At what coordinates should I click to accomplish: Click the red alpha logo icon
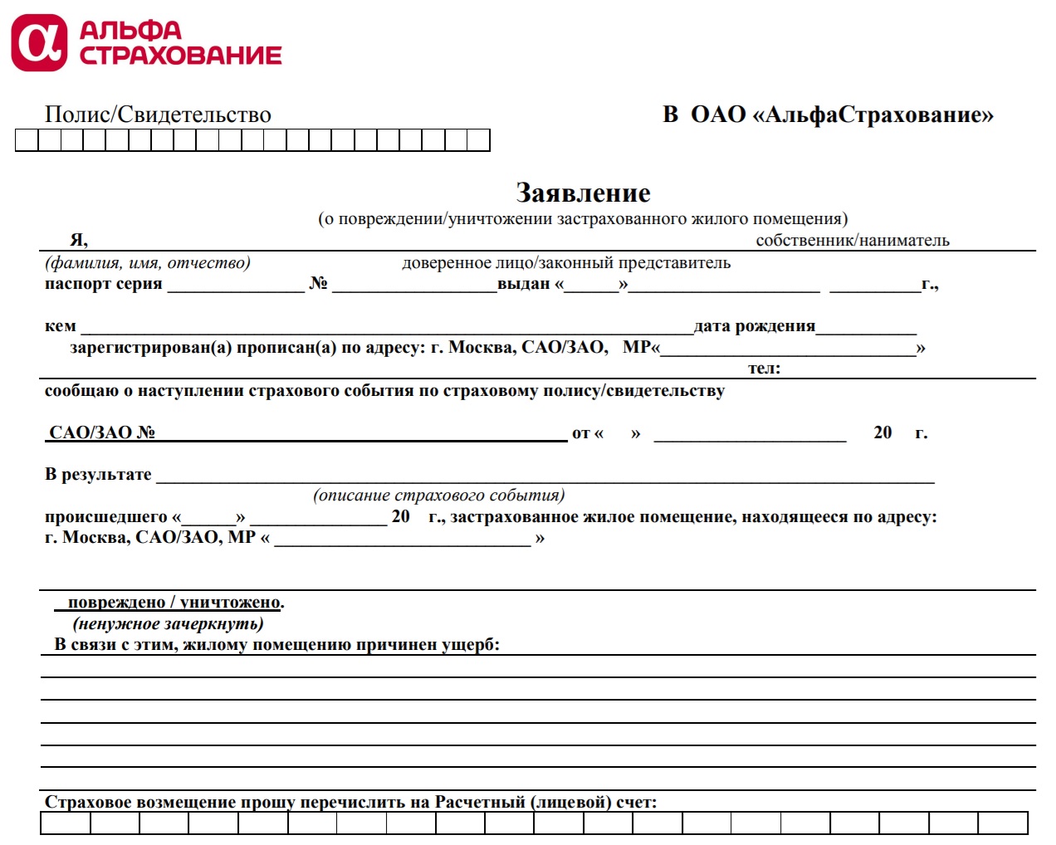38,42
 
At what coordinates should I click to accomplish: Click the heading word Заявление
583,193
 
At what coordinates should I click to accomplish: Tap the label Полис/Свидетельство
158,115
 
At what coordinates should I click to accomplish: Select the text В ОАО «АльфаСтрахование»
828,115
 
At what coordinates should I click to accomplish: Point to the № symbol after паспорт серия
318,284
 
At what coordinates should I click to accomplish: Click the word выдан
524,284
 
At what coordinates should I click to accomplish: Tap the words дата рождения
754,326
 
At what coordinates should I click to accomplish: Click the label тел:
764,369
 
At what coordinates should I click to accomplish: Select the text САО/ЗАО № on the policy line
102,432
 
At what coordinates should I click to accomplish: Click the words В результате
98,475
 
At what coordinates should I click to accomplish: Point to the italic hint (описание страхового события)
438,496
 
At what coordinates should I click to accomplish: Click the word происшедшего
106,517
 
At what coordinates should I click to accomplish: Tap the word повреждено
116,603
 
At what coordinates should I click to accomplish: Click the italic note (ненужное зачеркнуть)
168,623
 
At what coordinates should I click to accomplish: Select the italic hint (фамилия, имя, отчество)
148,263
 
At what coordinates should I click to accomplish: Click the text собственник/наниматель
852,241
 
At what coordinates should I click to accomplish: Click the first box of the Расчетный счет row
66,823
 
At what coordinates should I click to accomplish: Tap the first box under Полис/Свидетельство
27,141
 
